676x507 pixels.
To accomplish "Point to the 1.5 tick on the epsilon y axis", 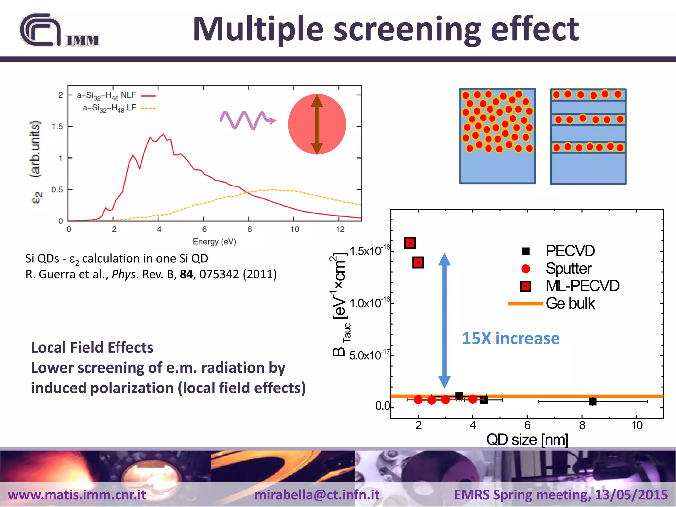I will [57, 127].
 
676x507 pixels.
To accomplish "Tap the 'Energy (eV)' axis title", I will [214, 242].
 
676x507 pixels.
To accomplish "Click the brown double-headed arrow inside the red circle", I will [317, 124].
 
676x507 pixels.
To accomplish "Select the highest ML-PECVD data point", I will [410, 243].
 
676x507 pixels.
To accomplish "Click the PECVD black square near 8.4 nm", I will [592, 401].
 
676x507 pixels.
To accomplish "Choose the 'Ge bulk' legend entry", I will [570, 303].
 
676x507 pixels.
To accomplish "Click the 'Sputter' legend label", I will [568, 268].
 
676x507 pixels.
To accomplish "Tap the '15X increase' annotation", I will [511, 339].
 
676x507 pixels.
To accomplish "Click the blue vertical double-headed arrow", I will [444, 320].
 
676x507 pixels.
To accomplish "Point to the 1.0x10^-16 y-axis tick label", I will [369, 303].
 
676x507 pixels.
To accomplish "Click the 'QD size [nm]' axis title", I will [527, 440].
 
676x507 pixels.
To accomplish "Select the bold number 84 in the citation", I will [186, 274].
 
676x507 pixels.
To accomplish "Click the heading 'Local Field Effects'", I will [92, 348].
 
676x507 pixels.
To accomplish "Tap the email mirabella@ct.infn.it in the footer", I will [317, 495].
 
